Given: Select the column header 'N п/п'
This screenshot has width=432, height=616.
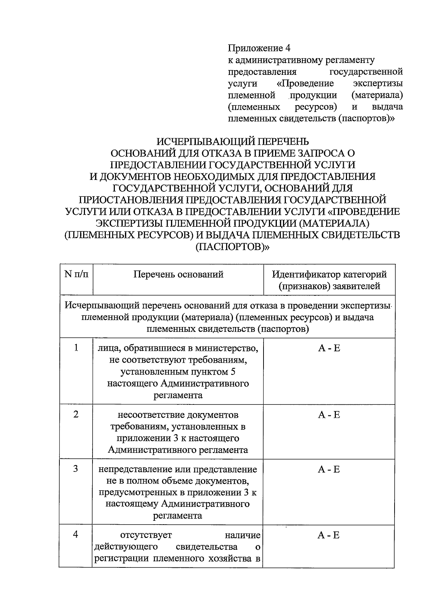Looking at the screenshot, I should [76, 274].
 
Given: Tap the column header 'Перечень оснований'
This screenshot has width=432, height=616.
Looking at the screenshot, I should [178, 275].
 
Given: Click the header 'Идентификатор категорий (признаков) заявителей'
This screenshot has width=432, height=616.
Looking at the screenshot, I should [329, 280].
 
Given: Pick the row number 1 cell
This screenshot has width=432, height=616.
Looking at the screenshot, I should [76, 348].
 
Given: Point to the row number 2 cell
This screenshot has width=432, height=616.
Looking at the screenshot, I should [76, 415].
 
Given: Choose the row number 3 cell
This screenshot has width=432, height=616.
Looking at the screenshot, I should [76, 469].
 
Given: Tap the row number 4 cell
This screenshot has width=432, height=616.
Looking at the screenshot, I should [76, 535].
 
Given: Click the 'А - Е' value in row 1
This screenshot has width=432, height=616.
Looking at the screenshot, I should [329, 348].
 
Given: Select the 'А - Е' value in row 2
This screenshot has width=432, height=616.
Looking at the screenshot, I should [329, 415].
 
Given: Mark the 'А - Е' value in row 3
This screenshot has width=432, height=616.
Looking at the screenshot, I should [329, 470].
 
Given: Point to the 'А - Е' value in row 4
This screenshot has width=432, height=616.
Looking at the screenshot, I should [328, 535].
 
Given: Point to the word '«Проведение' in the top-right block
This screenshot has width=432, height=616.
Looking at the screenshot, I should [305, 83].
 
